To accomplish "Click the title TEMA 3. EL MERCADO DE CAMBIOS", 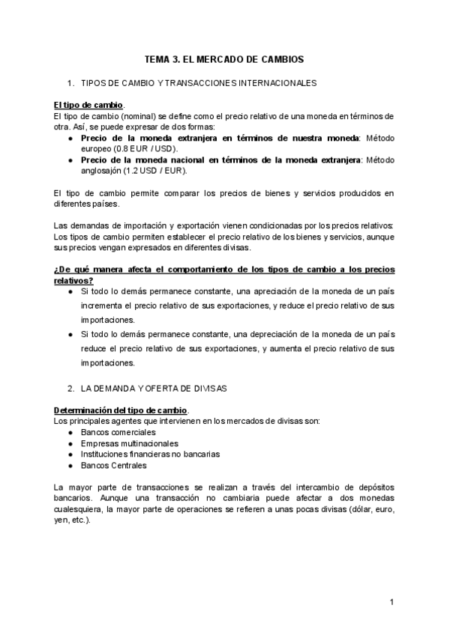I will [224, 58].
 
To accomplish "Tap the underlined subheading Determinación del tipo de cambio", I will [121, 411].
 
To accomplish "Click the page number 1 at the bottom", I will [391, 602].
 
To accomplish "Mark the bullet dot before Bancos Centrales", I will [70, 464].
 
